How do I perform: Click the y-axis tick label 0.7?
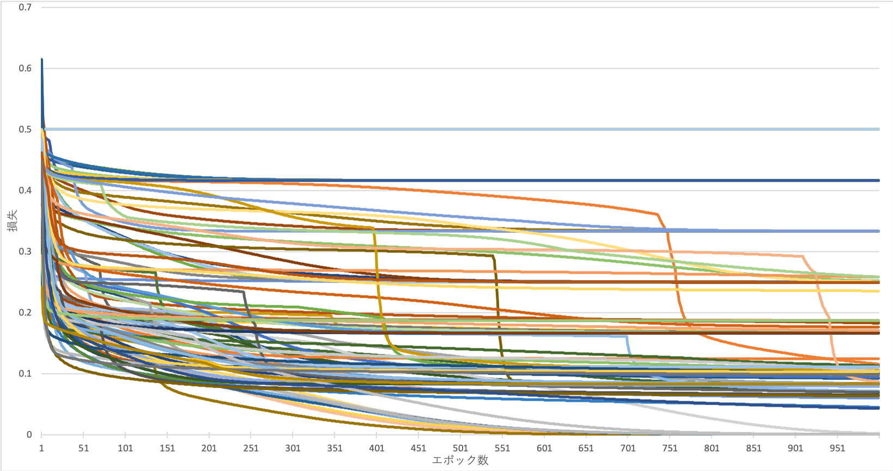coord(25,8)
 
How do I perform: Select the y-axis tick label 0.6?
coord(25,68)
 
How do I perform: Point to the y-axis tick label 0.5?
coord(25,129)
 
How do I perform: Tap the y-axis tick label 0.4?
coord(25,190)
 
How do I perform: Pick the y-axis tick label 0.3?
coord(25,251)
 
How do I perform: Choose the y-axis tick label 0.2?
coord(25,312)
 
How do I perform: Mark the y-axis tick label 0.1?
coord(25,373)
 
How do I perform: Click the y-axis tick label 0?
coord(29,434)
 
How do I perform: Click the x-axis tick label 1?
coord(41,448)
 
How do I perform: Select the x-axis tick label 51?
coord(83,448)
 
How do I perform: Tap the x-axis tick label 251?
coord(251,448)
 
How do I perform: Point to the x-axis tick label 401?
coord(376,448)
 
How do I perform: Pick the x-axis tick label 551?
coord(502,448)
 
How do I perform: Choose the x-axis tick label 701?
coord(628,448)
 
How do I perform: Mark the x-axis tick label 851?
coord(754,448)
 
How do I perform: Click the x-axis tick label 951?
coord(837,448)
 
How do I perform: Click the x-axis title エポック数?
coord(460,460)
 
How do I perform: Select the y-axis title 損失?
coord(13,221)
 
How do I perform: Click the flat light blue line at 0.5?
coord(461,129)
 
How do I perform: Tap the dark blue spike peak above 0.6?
coord(42,59)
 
